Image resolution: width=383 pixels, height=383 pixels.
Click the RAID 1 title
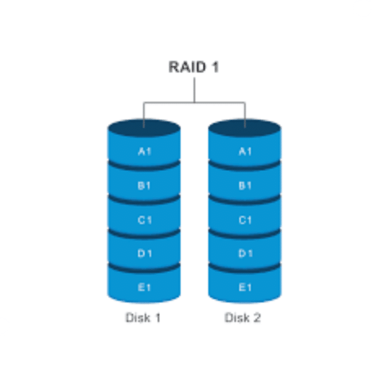(x=193, y=67)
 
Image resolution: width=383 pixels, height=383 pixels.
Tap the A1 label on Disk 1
(x=145, y=152)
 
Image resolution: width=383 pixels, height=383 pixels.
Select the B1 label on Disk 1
(x=144, y=186)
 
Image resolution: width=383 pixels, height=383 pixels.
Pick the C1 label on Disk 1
(x=145, y=220)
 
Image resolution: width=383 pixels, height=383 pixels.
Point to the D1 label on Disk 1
(x=145, y=253)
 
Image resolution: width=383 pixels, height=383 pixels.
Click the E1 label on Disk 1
(x=144, y=287)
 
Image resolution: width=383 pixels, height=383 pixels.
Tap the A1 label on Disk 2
(x=245, y=152)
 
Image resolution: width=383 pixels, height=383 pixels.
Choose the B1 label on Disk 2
(x=245, y=186)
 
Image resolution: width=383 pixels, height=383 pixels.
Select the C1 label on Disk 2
(x=245, y=220)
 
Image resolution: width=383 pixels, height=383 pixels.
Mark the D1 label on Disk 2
(x=245, y=253)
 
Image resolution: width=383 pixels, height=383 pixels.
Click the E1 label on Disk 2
(x=245, y=287)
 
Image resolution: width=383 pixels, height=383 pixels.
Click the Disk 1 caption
(x=143, y=318)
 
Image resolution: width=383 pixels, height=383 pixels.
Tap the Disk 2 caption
(x=243, y=318)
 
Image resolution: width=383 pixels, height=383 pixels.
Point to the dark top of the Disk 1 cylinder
(x=144, y=128)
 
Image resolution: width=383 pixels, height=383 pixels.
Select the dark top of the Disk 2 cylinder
(x=245, y=128)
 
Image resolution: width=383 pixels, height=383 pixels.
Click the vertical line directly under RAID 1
(x=194, y=90)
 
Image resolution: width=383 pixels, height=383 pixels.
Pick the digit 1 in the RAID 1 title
(x=215, y=67)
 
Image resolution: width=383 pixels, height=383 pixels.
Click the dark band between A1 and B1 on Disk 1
(x=144, y=166)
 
